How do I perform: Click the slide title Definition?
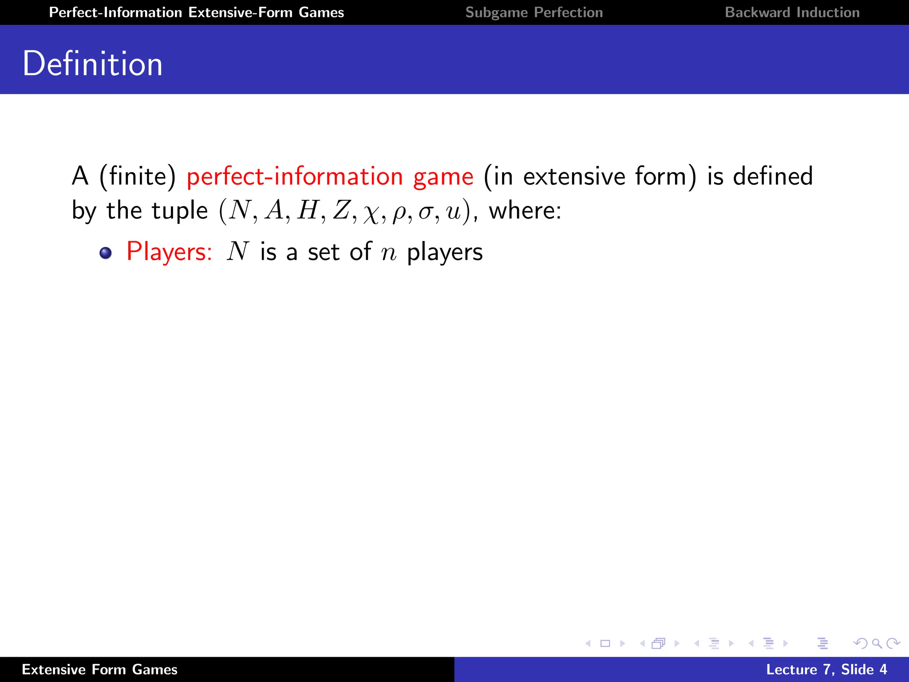[92, 64]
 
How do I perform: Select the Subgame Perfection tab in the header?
[534, 12]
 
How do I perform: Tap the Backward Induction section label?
[792, 12]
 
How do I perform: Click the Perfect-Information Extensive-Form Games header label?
[196, 12]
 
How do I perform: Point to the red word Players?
[169, 252]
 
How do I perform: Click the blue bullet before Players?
[106, 253]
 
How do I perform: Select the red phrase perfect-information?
[295, 177]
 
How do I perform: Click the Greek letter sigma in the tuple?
[425, 211]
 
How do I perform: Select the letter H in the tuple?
[308, 210]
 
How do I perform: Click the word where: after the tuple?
[525, 210]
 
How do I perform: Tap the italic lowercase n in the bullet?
[388, 253]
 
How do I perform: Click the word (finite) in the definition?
[138, 177]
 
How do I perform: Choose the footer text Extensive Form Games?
[99, 670]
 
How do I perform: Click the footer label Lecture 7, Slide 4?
[826, 670]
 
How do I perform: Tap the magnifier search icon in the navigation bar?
[877, 643]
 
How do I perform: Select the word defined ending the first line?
[773, 176]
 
